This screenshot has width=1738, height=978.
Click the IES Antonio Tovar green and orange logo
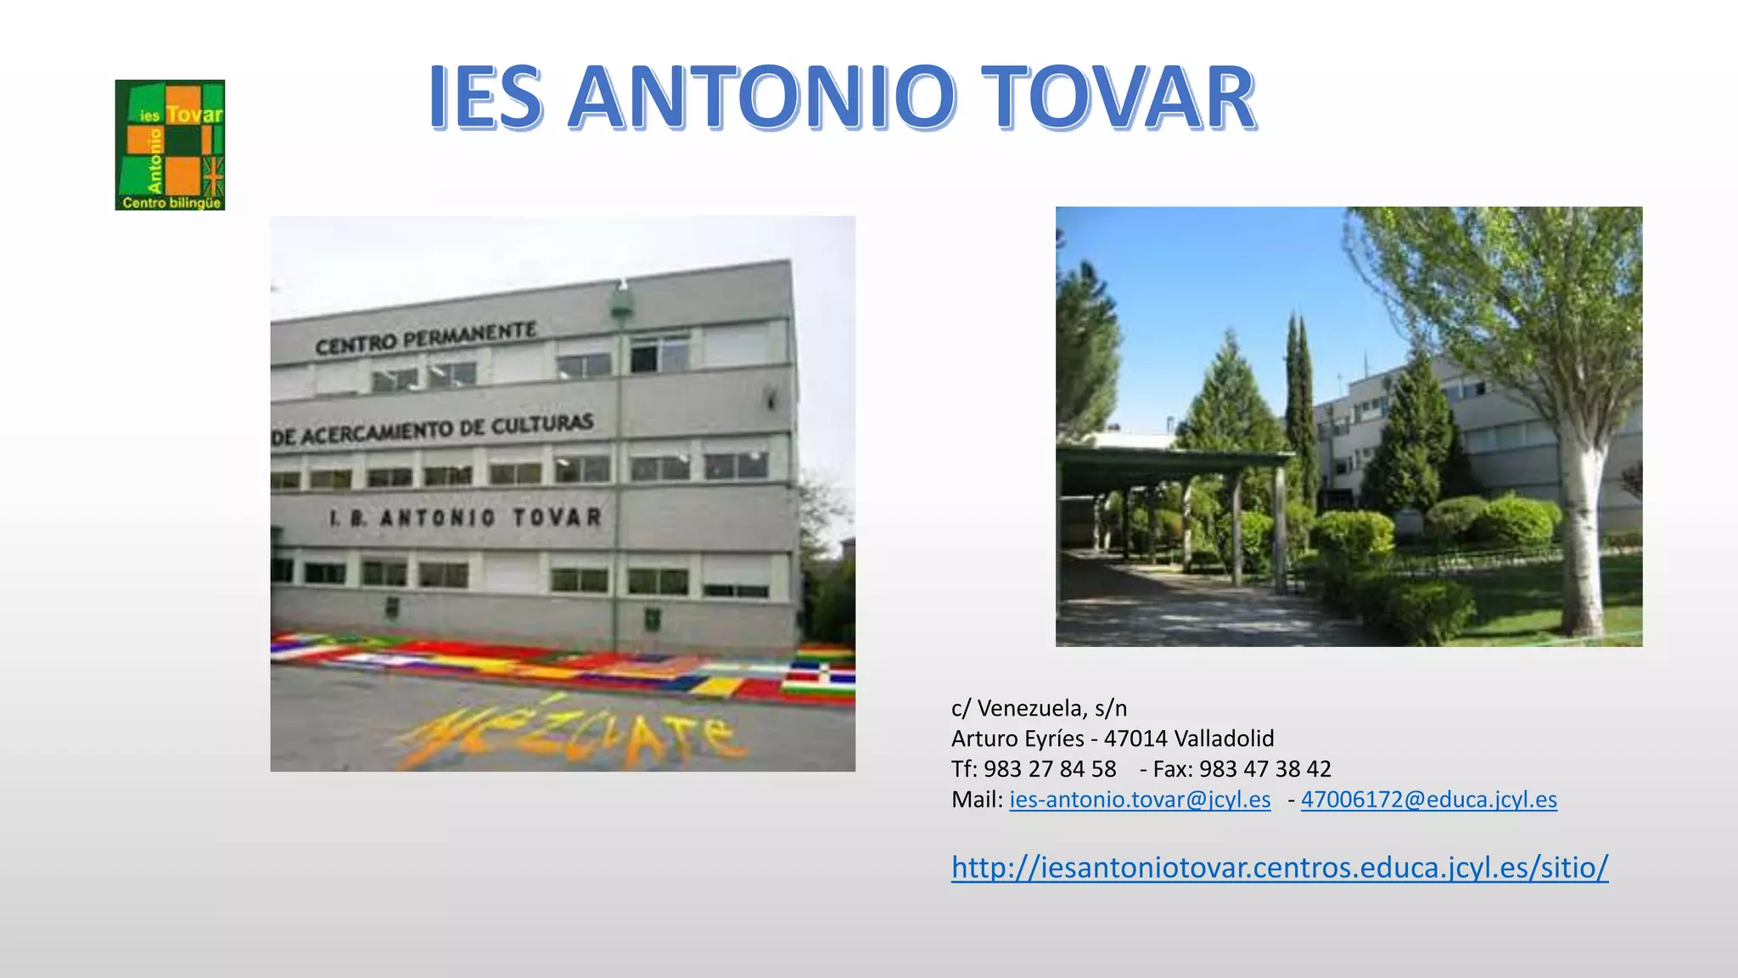pos(170,145)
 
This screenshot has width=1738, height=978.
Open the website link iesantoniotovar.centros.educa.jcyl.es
pos(1279,867)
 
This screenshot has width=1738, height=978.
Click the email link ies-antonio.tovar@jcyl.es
pos(1140,800)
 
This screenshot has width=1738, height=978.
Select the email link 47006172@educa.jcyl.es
pos(1428,800)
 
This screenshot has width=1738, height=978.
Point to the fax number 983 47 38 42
pos(1265,769)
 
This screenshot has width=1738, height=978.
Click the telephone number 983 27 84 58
pos(1050,769)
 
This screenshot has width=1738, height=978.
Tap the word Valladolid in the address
pos(1224,739)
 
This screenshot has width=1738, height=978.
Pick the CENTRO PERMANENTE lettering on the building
pos(426,338)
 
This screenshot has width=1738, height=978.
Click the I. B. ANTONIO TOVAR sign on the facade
pos(466,517)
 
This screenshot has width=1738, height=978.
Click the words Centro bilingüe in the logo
pos(171,203)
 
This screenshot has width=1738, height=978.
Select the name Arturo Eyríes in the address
pos(1018,739)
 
